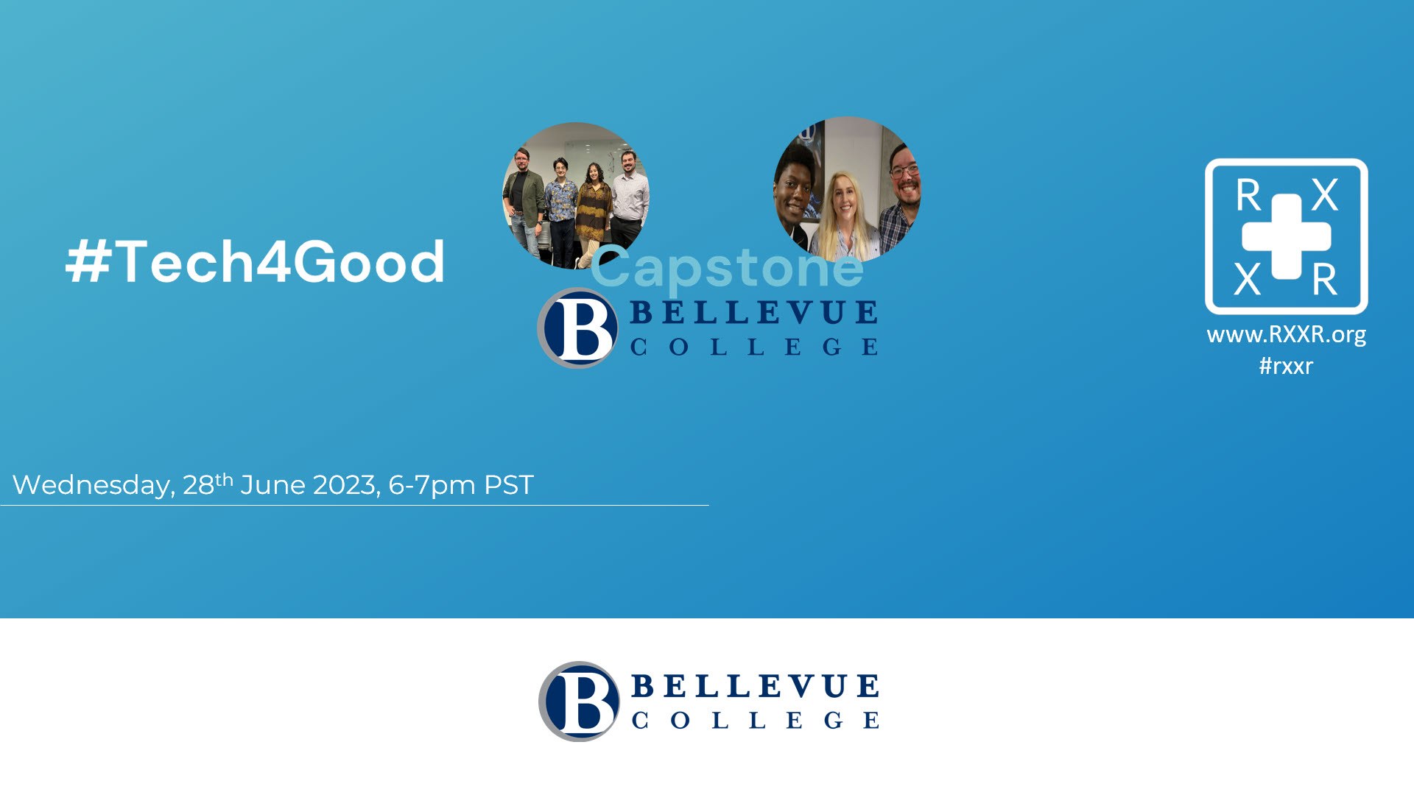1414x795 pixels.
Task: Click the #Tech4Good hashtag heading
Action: (x=255, y=261)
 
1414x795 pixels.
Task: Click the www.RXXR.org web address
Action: (x=1286, y=336)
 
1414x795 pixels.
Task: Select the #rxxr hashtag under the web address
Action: (x=1286, y=366)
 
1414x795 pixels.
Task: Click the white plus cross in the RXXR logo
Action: (x=1286, y=236)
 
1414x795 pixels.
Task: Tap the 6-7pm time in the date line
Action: (x=432, y=486)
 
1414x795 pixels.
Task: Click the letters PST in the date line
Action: (x=508, y=485)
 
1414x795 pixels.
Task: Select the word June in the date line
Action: (x=272, y=485)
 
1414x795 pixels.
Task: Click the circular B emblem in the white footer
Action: (x=579, y=701)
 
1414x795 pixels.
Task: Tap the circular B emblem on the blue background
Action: (x=577, y=328)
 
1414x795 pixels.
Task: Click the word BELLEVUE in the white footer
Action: (x=755, y=686)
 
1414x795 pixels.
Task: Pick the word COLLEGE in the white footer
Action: (x=755, y=720)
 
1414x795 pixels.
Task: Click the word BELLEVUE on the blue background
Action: (x=753, y=313)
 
